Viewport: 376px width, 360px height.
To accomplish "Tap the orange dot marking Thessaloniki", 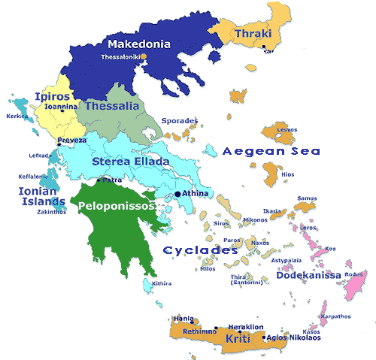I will point(144,56).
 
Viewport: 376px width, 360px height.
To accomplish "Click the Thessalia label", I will point(114,106).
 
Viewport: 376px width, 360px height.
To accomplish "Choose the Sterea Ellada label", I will point(131,162).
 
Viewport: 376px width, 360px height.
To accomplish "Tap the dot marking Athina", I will point(177,194).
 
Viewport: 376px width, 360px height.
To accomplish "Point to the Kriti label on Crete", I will point(237,340).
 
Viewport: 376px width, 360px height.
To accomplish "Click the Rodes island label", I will point(353,274).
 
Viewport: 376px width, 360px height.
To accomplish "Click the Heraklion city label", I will point(245,328).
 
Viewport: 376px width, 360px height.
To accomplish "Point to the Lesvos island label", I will point(287,129).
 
